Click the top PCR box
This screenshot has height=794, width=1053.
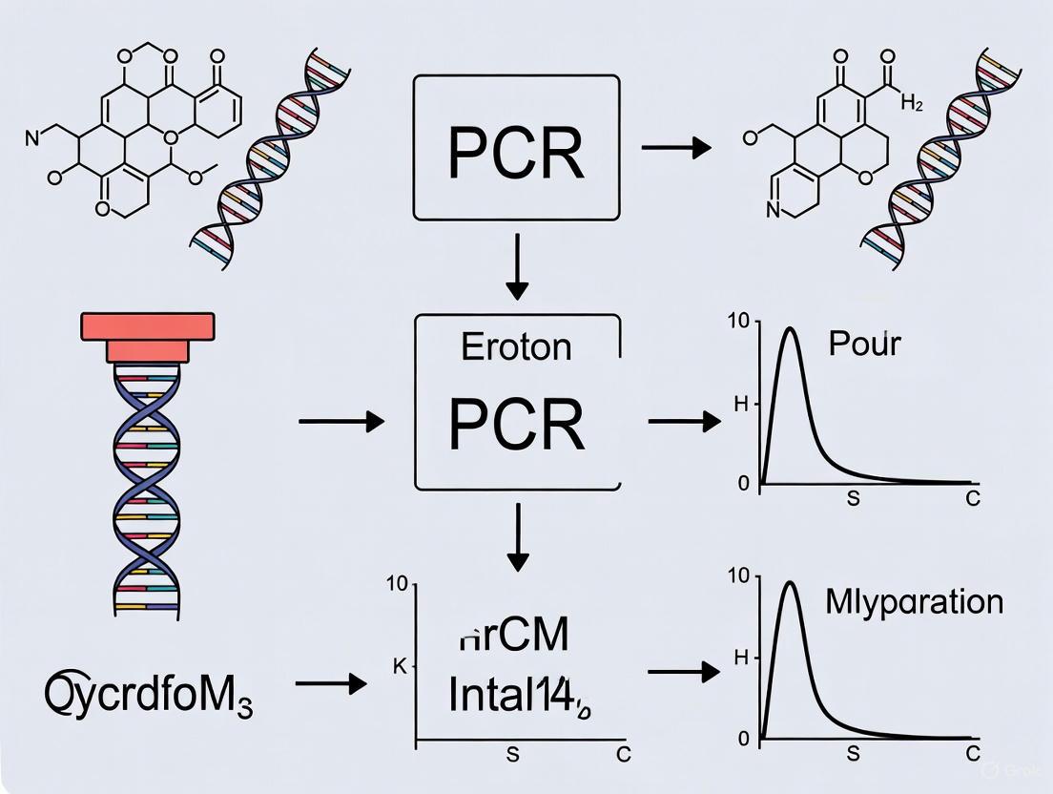[x=516, y=148]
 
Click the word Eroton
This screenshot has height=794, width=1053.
[x=516, y=346]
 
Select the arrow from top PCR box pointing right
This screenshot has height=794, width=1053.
[x=676, y=148]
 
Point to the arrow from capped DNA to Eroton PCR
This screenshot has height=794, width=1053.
[x=341, y=421]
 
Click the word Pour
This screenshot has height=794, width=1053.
[x=864, y=344]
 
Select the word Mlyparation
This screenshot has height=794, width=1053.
[x=914, y=602]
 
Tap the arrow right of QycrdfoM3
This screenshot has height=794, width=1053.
[x=331, y=683]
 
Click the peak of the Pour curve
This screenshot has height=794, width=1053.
[x=790, y=329]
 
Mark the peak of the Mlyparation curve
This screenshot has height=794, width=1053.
[x=790, y=583]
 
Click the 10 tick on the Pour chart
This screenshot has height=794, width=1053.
[x=738, y=321]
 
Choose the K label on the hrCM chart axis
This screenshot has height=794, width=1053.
[x=400, y=667]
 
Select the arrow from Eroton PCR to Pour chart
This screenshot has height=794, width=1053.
[x=683, y=421]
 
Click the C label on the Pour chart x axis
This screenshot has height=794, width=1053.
[x=972, y=499]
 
